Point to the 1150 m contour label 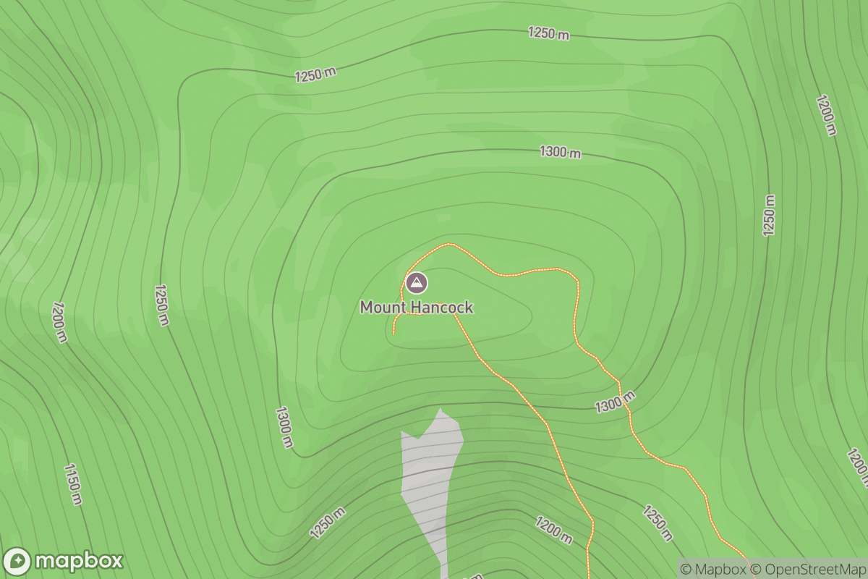click(73, 483)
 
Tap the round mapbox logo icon click(17, 562)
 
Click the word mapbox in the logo click(78, 562)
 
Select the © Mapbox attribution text click(712, 569)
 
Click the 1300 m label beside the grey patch click(284, 427)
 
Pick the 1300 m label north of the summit click(560, 153)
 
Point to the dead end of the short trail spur click(393, 332)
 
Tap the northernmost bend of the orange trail click(449, 244)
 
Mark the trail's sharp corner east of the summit click(576, 280)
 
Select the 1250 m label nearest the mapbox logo click(328, 523)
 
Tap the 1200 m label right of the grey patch click(554, 531)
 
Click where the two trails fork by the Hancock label click(454, 315)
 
